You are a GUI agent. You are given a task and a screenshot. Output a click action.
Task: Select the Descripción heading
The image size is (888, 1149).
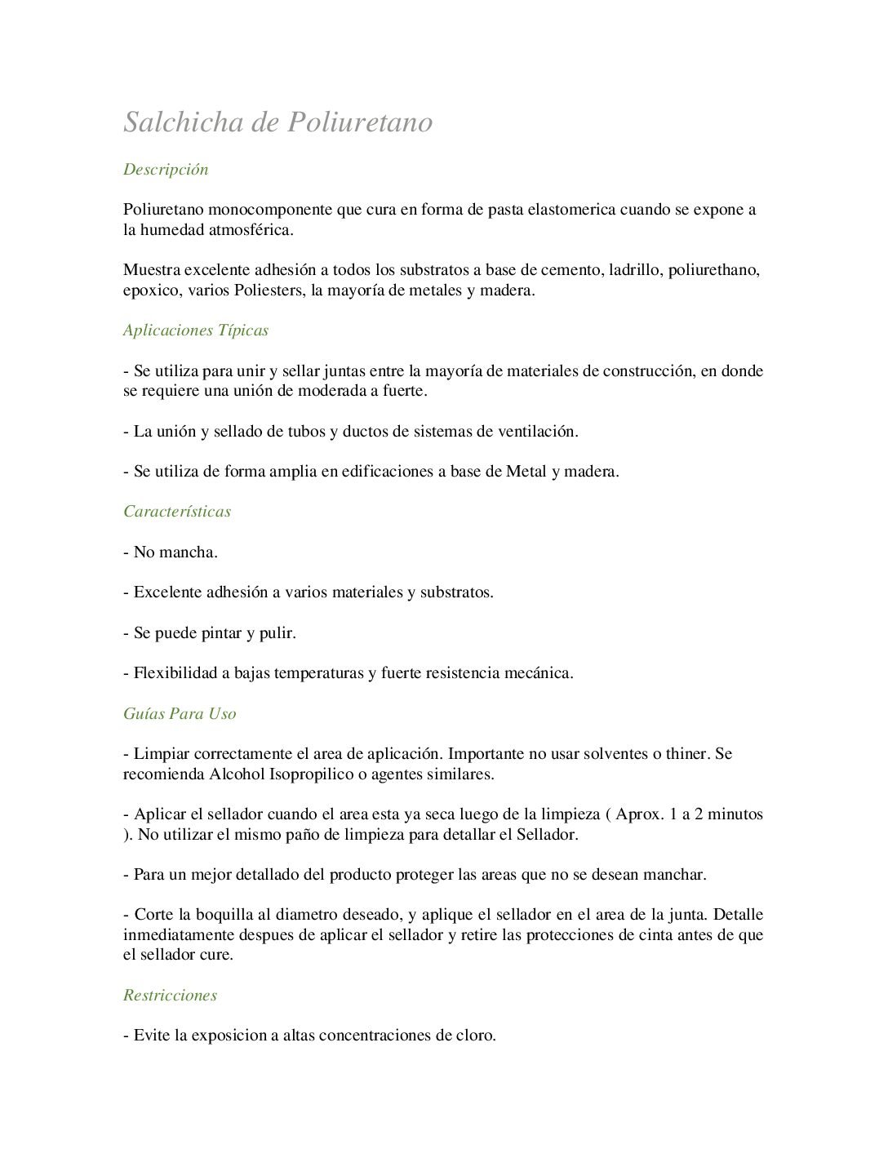tap(166, 170)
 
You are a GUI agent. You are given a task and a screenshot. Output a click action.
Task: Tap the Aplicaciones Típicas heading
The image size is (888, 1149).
tap(196, 331)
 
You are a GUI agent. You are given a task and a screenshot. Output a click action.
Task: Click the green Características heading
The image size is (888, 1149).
tap(177, 512)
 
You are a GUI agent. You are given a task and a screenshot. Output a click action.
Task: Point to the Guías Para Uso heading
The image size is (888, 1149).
tap(180, 713)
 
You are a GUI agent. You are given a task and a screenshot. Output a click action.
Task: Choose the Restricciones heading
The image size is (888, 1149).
tap(170, 995)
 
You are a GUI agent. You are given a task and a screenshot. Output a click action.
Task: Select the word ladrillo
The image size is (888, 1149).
tap(635, 270)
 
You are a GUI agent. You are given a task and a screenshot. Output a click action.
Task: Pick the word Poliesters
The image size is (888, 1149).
tap(269, 291)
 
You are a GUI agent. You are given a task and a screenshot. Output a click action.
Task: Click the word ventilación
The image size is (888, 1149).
tap(536, 432)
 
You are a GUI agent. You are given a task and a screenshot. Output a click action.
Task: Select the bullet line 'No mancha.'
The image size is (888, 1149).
tap(171, 552)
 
